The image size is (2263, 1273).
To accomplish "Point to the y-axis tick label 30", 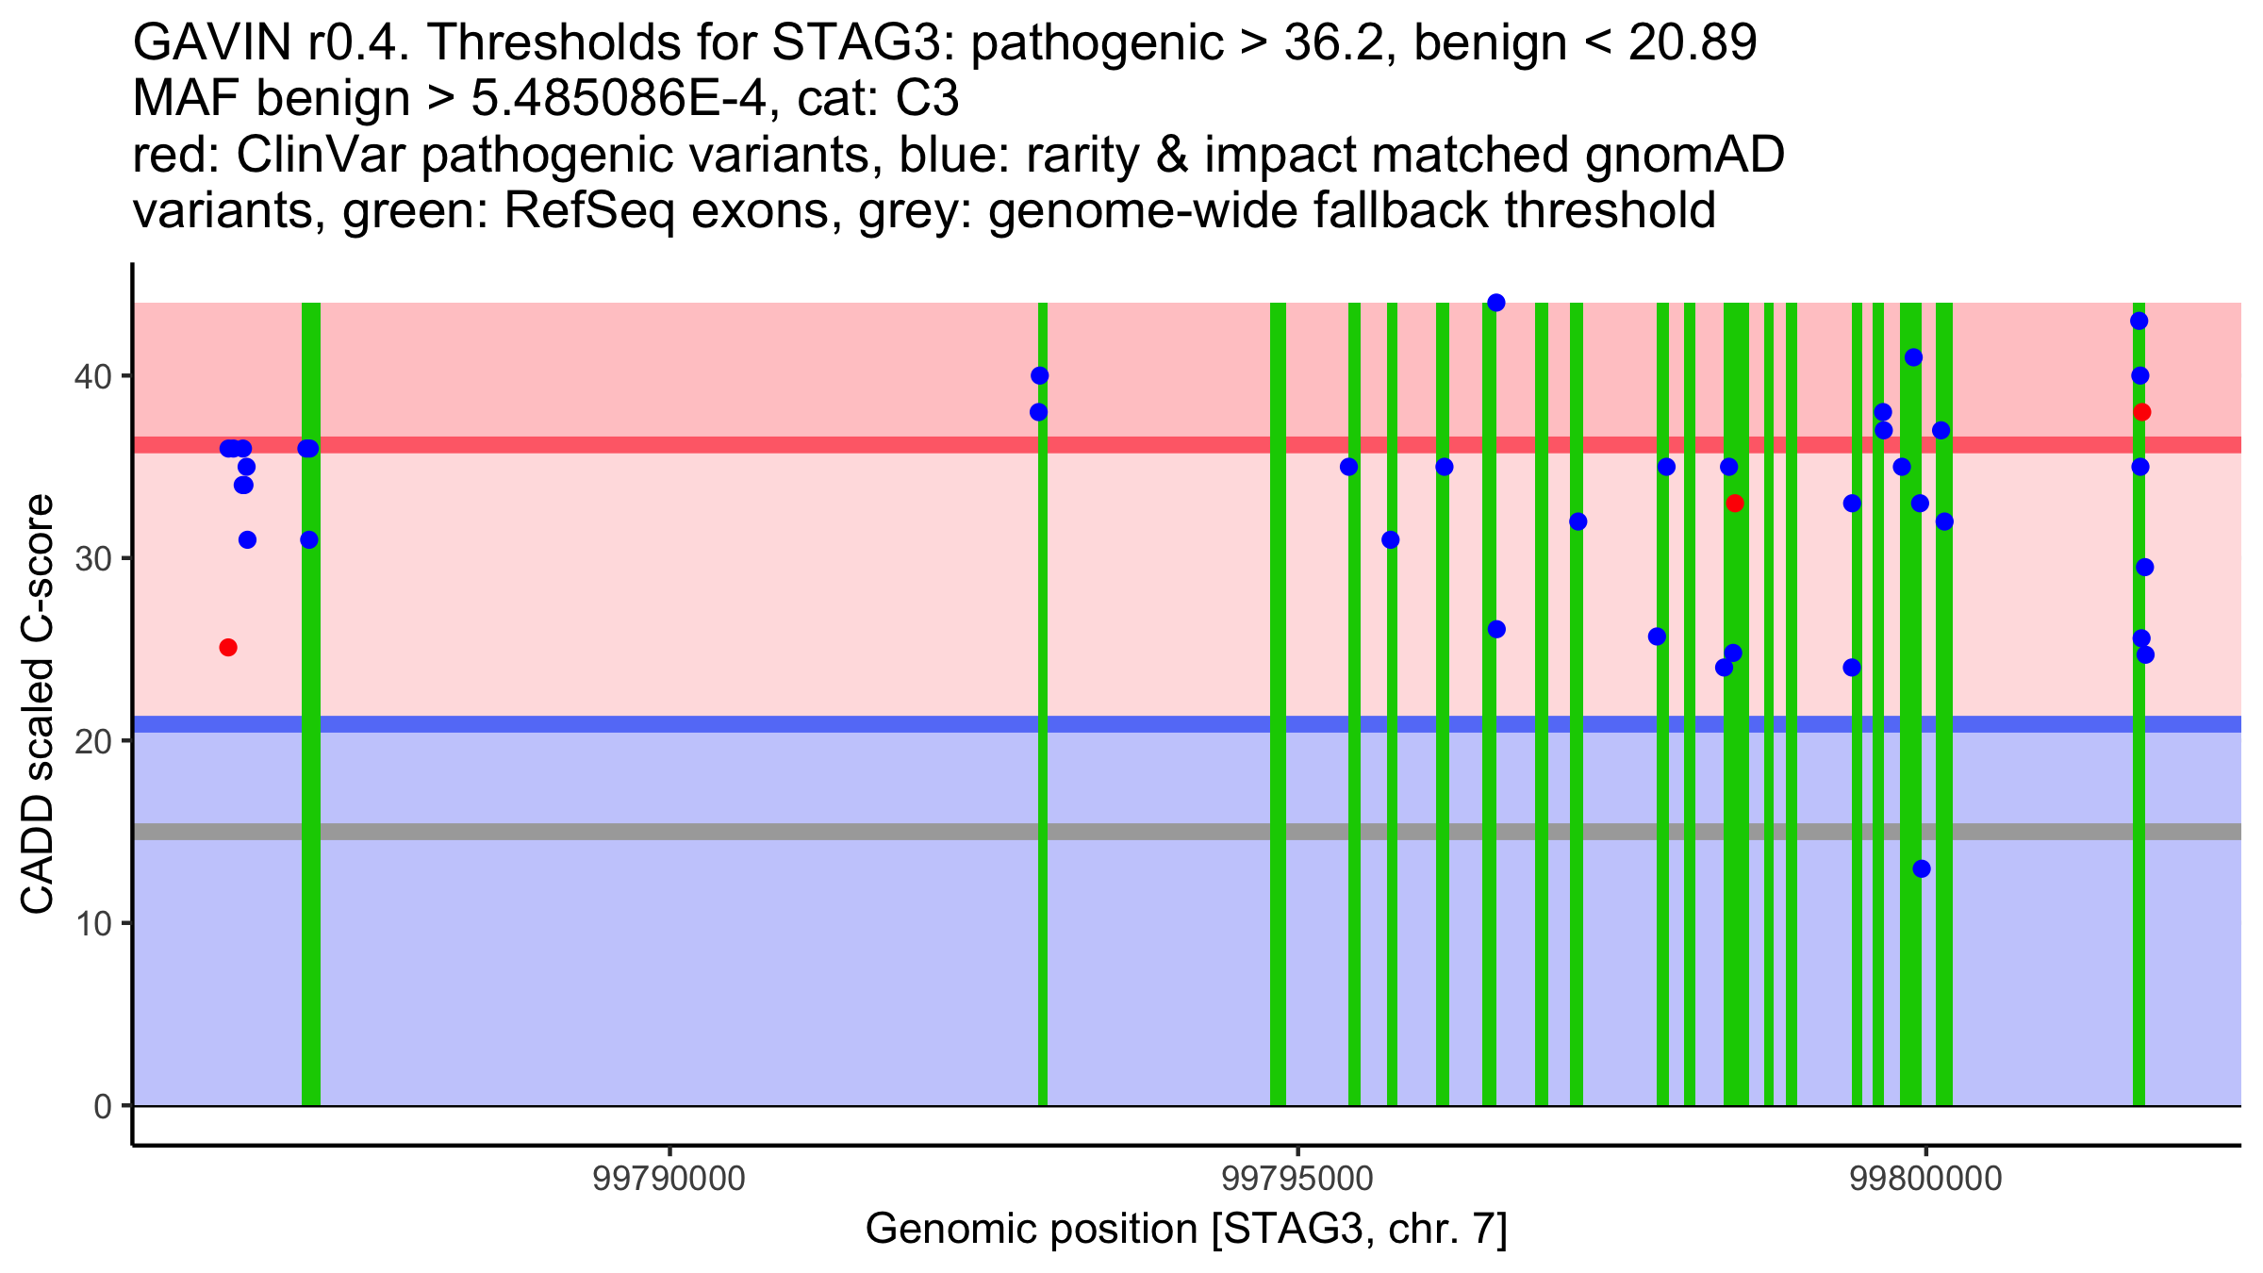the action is [x=92, y=559].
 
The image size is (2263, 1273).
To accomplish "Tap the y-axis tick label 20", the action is [x=92, y=741].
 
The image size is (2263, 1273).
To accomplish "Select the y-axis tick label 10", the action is [x=92, y=923].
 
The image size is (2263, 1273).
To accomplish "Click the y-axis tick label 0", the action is [x=103, y=1106].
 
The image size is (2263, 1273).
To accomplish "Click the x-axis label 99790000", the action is [x=669, y=1180].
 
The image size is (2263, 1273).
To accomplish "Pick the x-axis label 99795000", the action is [x=1297, y=1180].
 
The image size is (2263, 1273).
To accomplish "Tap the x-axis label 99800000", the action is [x=1925, y=1180].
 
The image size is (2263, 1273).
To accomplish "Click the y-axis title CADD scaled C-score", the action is [x=38, y=704].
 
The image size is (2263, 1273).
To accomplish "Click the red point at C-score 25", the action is [x=228, y=648].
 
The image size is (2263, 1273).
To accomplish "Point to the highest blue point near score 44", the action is [x=1496, y=303].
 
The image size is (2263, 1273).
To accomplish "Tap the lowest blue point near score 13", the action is [x=1922, y=868].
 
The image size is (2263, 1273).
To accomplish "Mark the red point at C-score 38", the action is [x=2142, y=412].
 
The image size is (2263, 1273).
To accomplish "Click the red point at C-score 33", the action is [x=1735, y=504].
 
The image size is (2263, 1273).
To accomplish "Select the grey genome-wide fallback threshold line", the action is [x=1187, y=832].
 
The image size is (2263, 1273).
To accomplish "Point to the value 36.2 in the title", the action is [x=1342, y=43].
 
